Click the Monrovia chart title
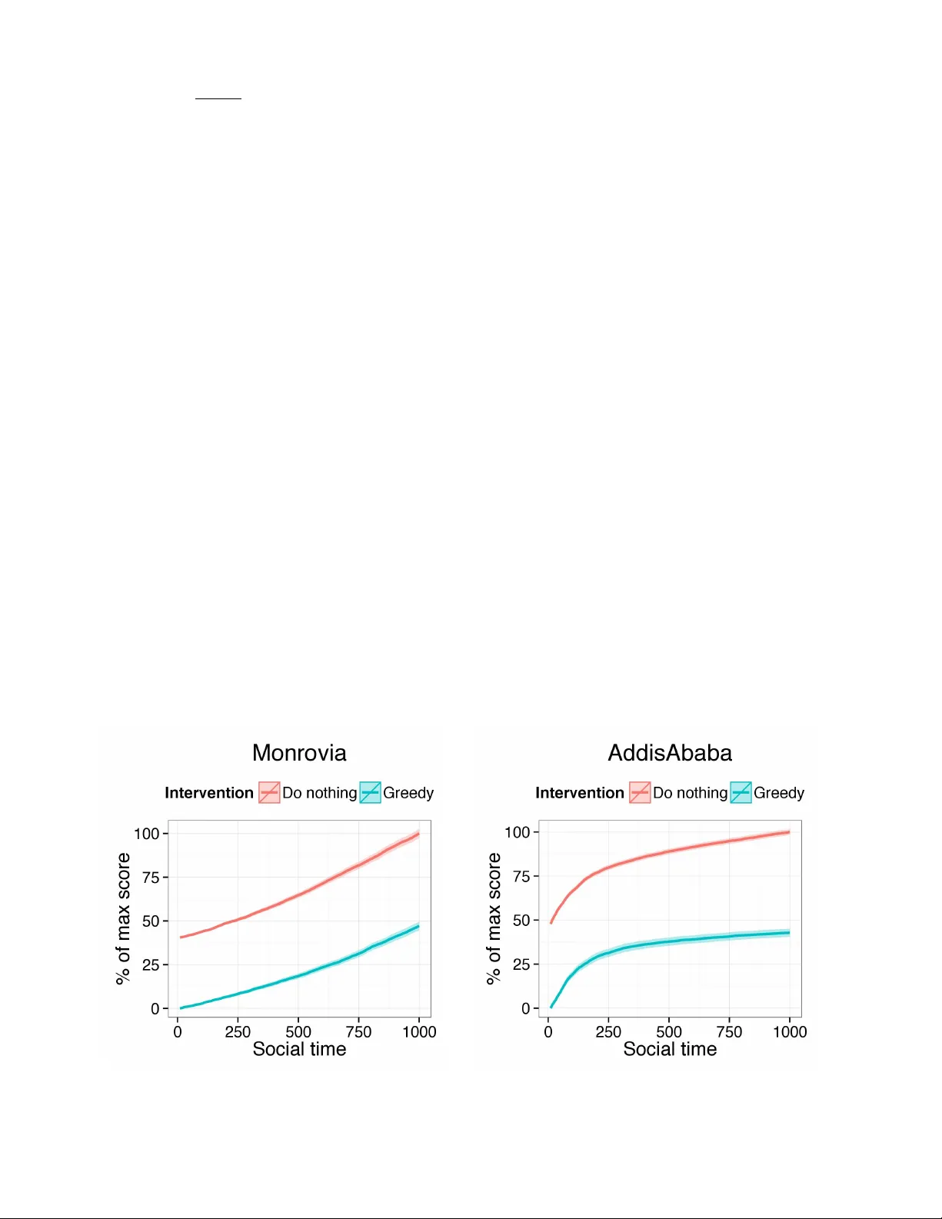click(x=299, y=752)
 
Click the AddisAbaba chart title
click(x=670, y=752)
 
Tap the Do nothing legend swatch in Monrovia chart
click(x=269, y=793)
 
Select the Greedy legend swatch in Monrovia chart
click(x=371, y=793)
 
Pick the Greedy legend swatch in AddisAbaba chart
click(x=741, y=793)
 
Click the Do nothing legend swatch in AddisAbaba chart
click(x=640, y=793)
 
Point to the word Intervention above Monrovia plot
click(x=209, y=793)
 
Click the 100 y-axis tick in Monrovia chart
click(x=146, y=834)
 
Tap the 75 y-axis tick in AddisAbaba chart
click(x=521, y=876)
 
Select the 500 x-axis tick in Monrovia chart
click(x=298, y=1032)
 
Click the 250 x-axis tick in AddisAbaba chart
click(x=608, y=1032)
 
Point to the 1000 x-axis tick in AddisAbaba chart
click(x=790, y=1032)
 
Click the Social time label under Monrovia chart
click(x=299, y=1049)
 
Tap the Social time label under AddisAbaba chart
click(x=670, y=1049)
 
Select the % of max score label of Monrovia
click(x=123, y=918)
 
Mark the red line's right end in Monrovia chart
click(x=418, y=834)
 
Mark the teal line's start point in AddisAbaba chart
click(x=551, y=1007)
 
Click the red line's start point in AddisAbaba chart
click(x=551, y=922)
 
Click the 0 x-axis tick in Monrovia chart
click(x=178, y=1032)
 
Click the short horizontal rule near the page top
click(x=218, y=99)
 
